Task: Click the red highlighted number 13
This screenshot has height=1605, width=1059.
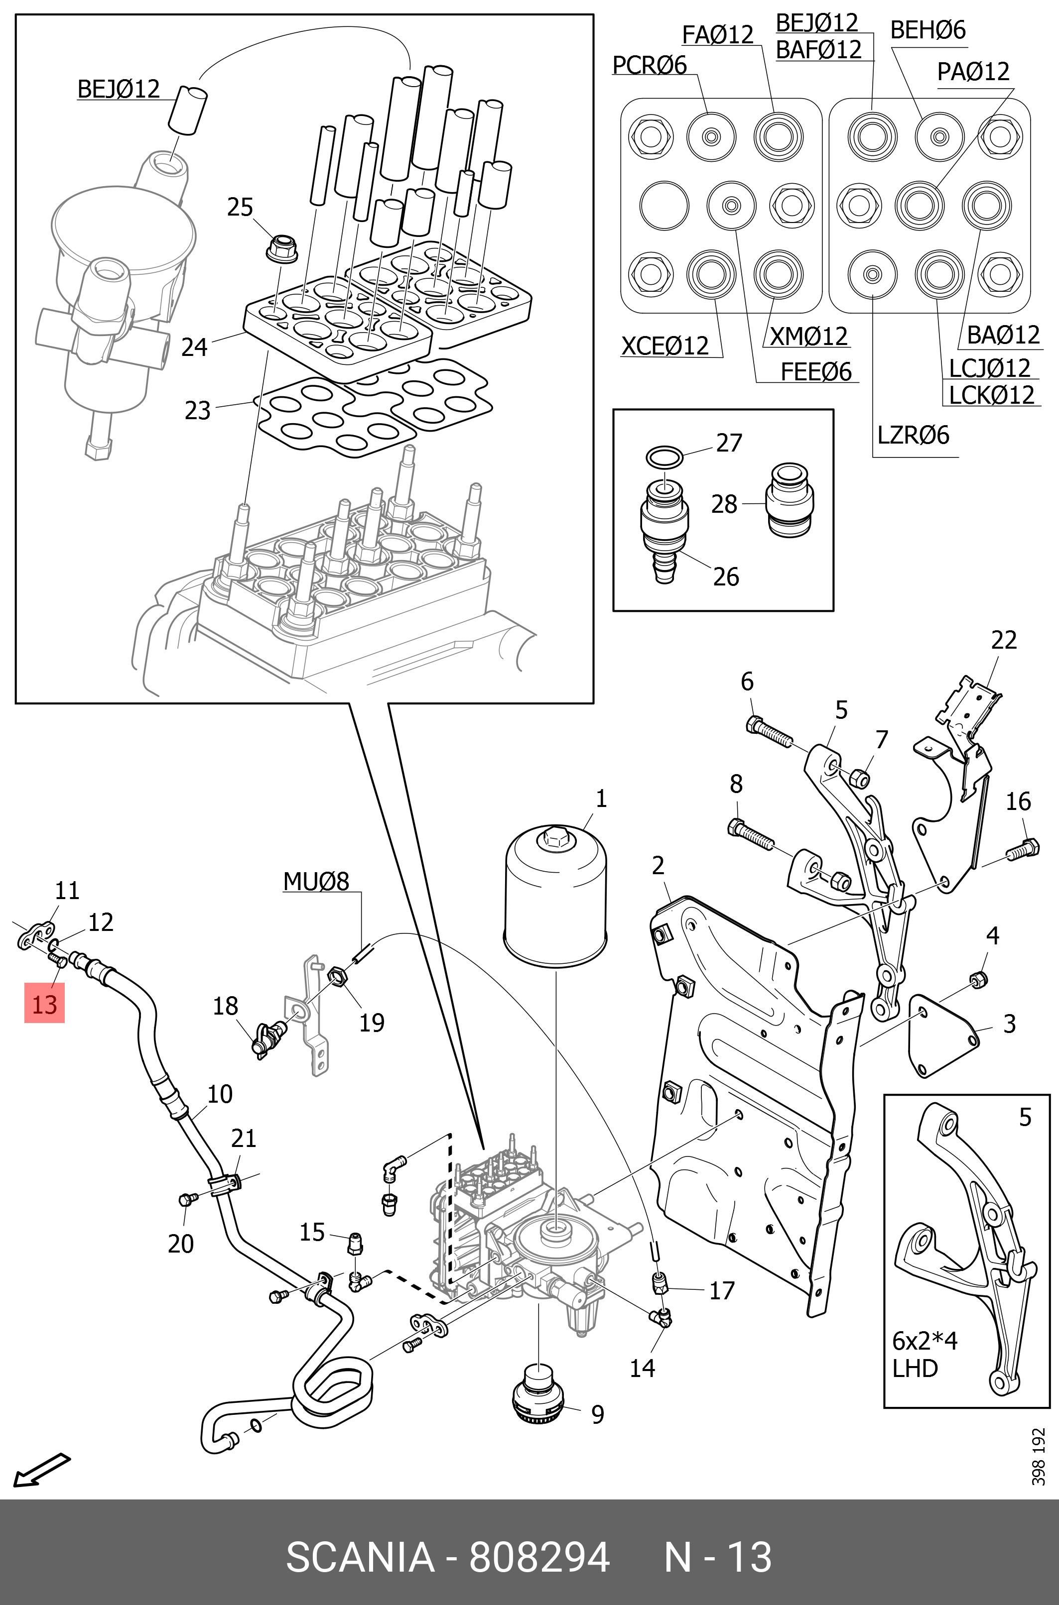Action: (x=44, y=1003)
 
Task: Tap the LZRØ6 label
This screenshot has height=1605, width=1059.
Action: (x=913, y=435)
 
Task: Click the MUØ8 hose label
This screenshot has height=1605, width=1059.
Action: (x=316, y=882)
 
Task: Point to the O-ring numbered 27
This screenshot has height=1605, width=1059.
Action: (x=664, y=458)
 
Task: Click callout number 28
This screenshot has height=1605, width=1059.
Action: (x=724, y=504)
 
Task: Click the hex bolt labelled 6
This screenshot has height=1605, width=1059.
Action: (x=768, y=733)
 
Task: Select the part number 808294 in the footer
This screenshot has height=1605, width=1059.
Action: (x=539, y=1556)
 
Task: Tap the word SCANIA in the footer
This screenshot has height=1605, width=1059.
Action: (x=360, y=1556)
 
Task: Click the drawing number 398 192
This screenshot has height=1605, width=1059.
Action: (x=1038, y=1457)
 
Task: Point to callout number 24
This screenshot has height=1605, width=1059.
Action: (x=194, y=347)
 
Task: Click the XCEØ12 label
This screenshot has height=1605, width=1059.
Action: (x=664, y=345)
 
